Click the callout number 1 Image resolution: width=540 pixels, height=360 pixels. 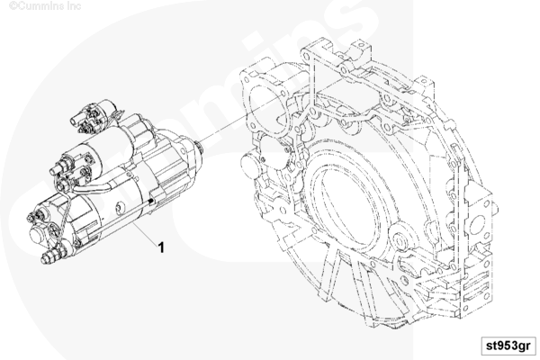(x=161, y=247)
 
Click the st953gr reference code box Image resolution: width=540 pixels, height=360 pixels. (x=508, y=346)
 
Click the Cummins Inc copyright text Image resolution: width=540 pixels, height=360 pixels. (x=45, y=6)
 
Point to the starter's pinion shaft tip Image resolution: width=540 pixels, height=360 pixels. (x=199, y=148)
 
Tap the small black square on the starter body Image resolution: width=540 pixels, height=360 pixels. (x=151, y=201)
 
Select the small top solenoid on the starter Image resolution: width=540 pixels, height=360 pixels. (x=93, y=116)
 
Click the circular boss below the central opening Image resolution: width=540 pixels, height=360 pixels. (x=401, y=241)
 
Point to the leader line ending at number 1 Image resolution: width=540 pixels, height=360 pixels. (x=144, y=231)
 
